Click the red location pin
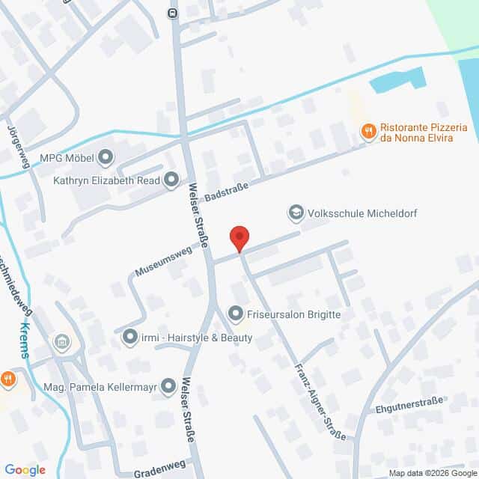(239, 239)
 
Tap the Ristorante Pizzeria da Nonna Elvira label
(424, 132)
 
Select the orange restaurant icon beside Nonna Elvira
(367, 132)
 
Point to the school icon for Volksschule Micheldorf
(296, 213)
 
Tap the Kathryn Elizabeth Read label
(107, 180)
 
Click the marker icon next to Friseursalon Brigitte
(236, 314)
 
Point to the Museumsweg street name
(164, 260)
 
